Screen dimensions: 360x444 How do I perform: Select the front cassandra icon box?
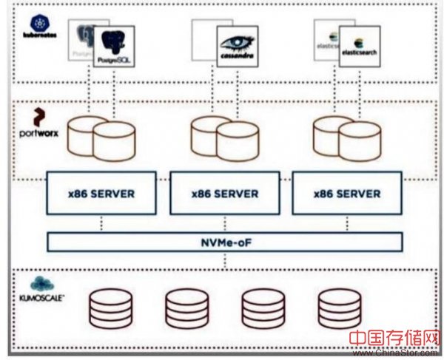point(237,47)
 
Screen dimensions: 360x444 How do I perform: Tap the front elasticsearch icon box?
point(360,47)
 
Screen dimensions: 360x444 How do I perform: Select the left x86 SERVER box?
point(101,194)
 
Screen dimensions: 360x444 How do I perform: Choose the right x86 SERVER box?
point(346,194)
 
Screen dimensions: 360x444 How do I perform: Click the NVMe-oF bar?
point(225,242)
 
